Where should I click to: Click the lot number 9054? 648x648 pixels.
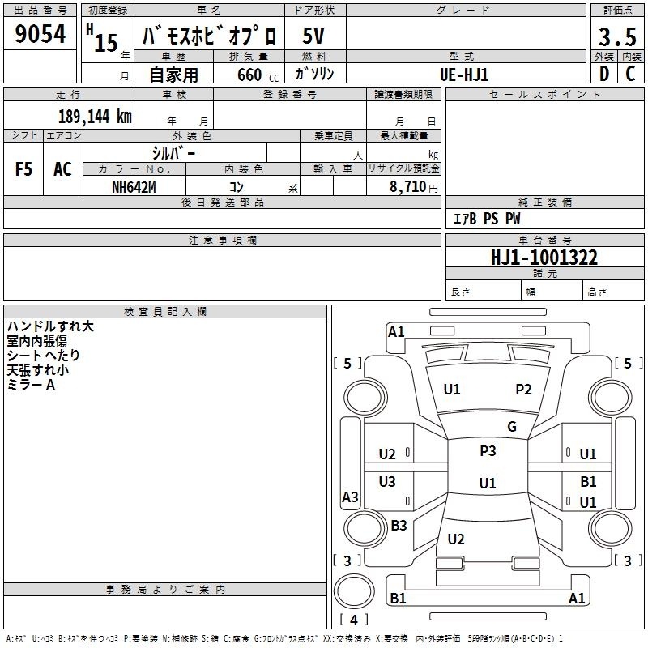point(40,33)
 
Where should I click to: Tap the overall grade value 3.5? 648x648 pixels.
point(617,36)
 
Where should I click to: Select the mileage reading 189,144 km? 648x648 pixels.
point(95,116)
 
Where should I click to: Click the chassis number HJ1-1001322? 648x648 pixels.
point(544,258)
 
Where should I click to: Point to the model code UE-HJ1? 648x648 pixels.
point(464,75)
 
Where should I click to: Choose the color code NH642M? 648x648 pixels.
point(134,187)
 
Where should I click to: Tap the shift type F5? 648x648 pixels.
point(23,169)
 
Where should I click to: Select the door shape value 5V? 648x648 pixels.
point(313,36)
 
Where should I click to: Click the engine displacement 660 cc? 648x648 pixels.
point(258,75)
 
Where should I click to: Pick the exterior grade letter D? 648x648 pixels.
point(604,74)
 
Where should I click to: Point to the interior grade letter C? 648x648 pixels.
point(630,74)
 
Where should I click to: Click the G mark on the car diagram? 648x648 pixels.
point(512,426)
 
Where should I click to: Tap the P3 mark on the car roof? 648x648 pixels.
point(488,450)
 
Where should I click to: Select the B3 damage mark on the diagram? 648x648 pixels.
point(399,525)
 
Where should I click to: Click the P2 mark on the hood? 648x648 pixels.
point(523,389)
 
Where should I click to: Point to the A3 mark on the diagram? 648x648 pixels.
point(350,497)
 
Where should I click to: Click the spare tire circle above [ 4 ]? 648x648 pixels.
point(354,590)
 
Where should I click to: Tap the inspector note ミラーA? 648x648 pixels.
point(31,385)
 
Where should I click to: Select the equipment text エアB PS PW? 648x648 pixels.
point(487,219)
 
